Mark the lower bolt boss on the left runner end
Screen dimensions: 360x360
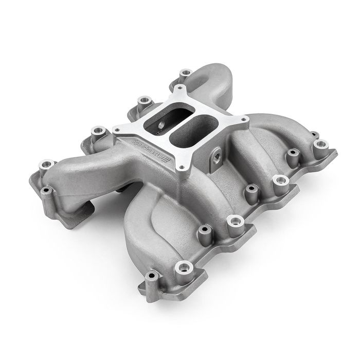(x=46, y=192)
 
